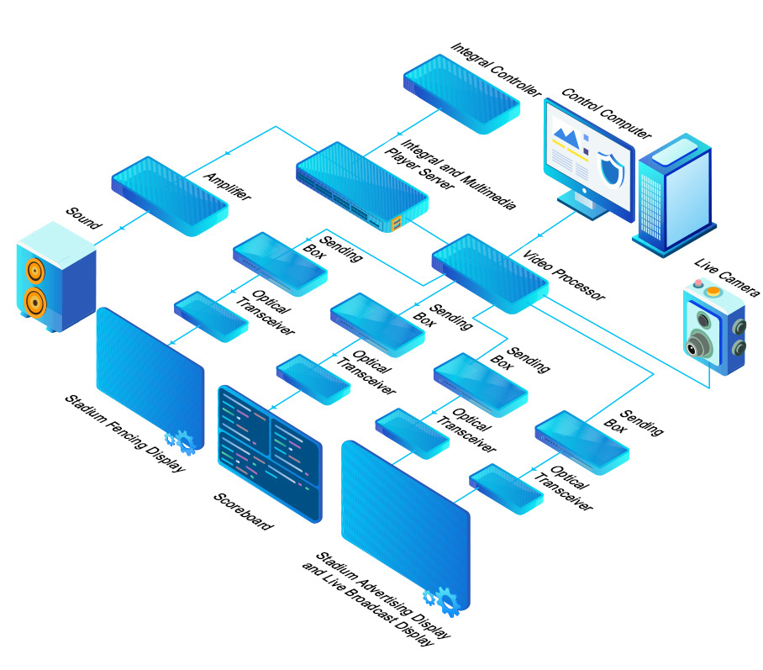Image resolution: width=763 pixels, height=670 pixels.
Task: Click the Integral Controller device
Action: [x=460, y=92]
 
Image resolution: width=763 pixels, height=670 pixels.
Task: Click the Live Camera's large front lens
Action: [x=697, y=344]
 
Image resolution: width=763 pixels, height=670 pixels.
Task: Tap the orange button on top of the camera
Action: [x=714, y=292]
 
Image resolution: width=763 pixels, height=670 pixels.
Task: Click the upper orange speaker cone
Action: [x=34, y=271]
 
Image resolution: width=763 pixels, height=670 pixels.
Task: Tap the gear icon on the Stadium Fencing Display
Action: [x=181, y=441]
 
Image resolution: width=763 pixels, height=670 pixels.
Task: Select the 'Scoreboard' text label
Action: [x=244, y=509]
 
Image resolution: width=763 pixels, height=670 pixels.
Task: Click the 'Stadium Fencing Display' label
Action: [x=124, y=434]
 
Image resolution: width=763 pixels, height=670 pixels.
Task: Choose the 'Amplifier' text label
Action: [x=227, y=181]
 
